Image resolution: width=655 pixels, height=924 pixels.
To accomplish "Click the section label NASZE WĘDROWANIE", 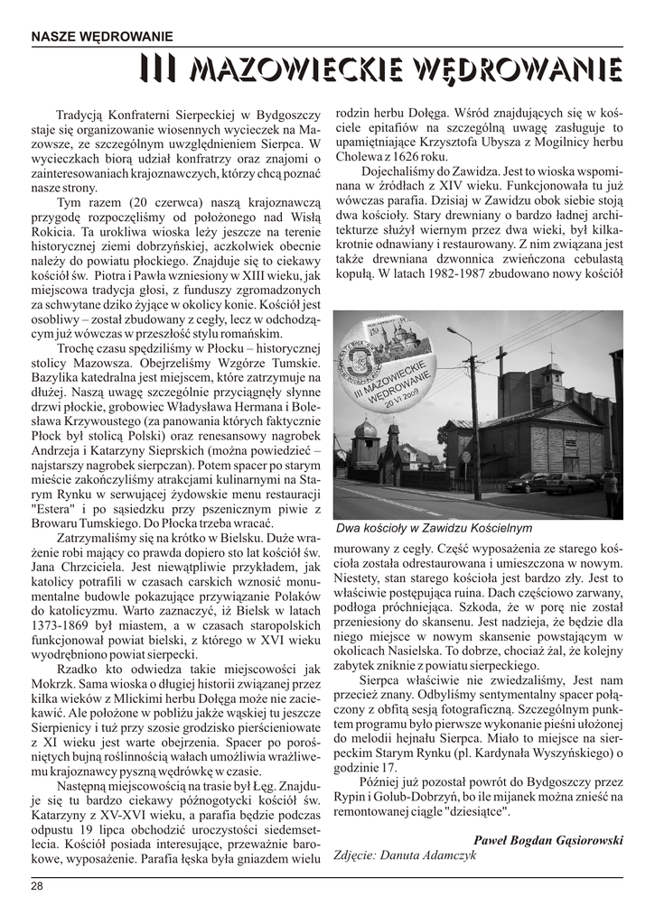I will point(101,37).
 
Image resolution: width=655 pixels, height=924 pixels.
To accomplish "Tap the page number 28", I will point(37,887).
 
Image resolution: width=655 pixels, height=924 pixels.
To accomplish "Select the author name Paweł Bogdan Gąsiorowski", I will point(547,839).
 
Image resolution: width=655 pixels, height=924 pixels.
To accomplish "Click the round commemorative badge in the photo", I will point(395,371).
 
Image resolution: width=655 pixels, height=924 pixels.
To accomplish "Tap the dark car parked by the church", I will point(528,484).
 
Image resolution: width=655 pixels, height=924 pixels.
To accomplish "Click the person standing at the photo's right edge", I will point(612,492).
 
